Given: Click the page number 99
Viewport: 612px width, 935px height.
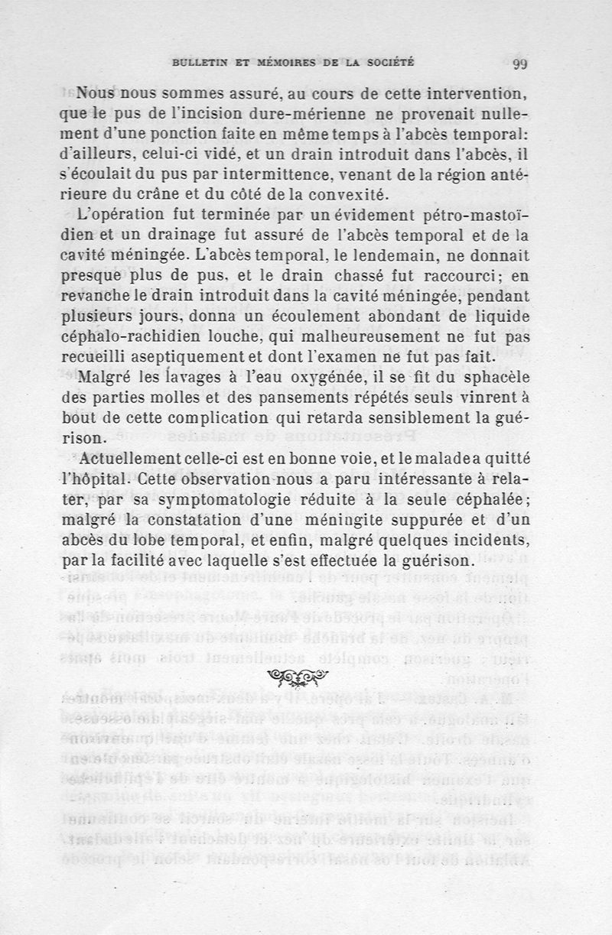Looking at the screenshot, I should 522,64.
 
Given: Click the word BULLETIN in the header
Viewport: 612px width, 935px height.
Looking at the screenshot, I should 198,63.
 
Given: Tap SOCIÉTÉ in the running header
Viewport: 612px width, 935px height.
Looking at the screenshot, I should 389,63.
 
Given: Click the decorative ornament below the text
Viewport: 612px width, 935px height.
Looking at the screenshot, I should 295,676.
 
